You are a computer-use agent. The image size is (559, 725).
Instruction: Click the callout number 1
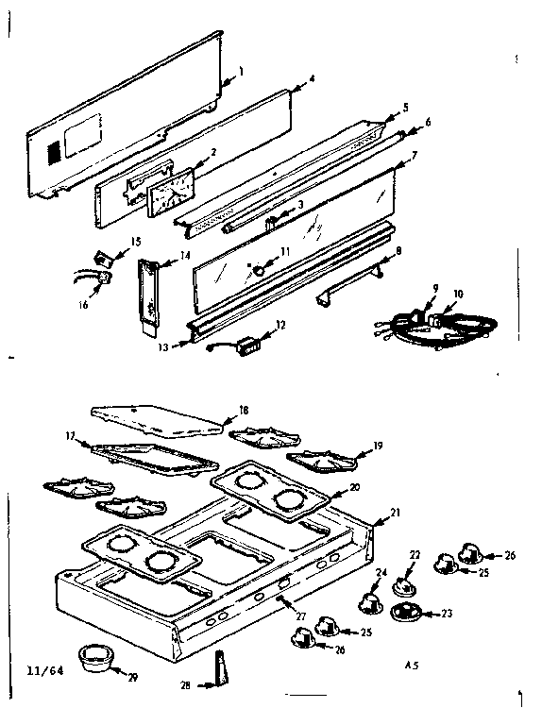pos(241,71)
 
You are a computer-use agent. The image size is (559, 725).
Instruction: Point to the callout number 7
pos(413,156)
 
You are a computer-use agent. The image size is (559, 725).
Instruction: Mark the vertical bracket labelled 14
pos(148,293)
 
